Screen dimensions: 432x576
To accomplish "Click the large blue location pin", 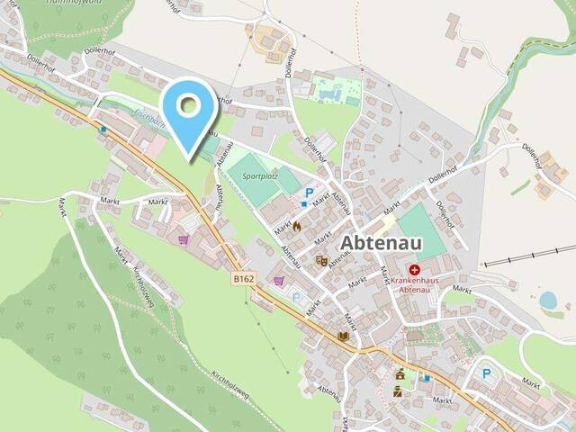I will coord(189,109).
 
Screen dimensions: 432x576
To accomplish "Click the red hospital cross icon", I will coord(415,269).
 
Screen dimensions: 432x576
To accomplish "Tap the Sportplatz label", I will coord(261,177).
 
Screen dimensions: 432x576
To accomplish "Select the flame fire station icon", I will coord(296,227).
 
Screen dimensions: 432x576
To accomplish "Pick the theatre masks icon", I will coord(321,261).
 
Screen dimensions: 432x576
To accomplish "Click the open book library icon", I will coord(343,337).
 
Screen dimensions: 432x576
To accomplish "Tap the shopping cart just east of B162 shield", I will coord(278,281).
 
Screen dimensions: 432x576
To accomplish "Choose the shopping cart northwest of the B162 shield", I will coord(184,239).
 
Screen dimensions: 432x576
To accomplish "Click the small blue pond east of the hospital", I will coord(547,300).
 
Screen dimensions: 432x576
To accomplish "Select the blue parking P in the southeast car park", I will coord(487,373).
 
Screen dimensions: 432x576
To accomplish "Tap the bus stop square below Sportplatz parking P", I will coord(304,204).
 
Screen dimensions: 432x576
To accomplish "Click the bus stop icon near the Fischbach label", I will coord(104,130).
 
